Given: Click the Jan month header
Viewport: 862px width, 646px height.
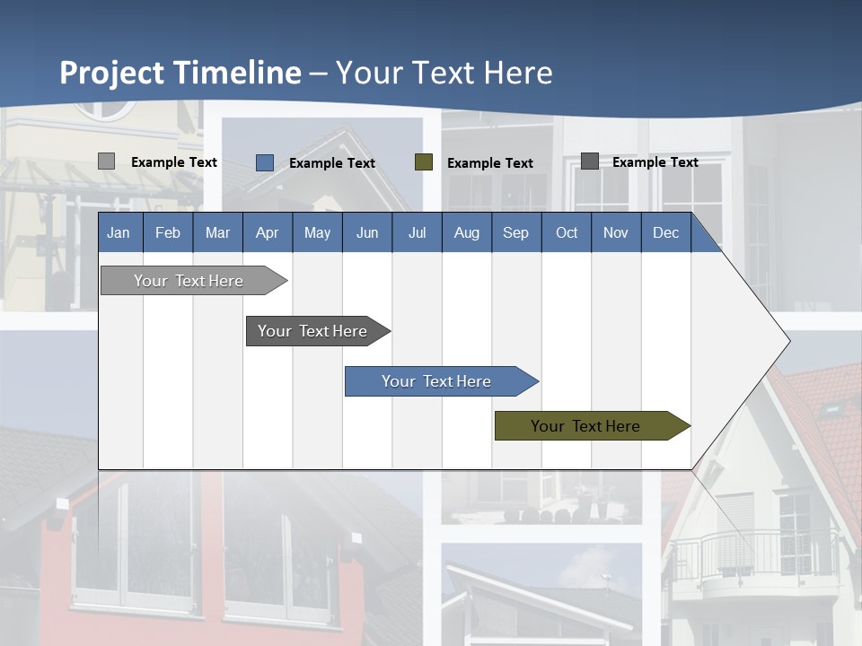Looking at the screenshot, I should tap(119, 232).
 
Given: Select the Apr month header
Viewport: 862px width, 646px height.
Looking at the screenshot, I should tap(268, 232).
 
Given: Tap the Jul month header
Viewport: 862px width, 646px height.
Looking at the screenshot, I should tap(417, 232).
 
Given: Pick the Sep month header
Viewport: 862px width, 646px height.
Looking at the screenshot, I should tap(515, 232).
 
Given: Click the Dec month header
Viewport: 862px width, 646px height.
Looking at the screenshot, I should tap(665, 232).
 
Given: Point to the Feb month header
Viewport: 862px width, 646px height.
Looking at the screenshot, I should tap(168, 232).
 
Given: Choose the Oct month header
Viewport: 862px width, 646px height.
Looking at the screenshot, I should tap(567, 232).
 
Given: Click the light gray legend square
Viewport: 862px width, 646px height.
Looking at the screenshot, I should tap(106, 161).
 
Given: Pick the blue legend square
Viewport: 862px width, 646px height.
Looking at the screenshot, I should tap(265, 162).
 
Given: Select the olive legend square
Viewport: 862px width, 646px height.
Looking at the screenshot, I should tap(424, 162).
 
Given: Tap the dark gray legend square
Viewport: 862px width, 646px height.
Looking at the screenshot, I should tap(590, 161).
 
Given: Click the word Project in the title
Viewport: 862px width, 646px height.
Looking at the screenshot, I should tap(112, 73).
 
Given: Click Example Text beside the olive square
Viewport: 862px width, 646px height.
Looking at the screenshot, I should tap(489, 163).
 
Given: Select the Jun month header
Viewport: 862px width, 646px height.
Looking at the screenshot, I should tap(367, 232).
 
